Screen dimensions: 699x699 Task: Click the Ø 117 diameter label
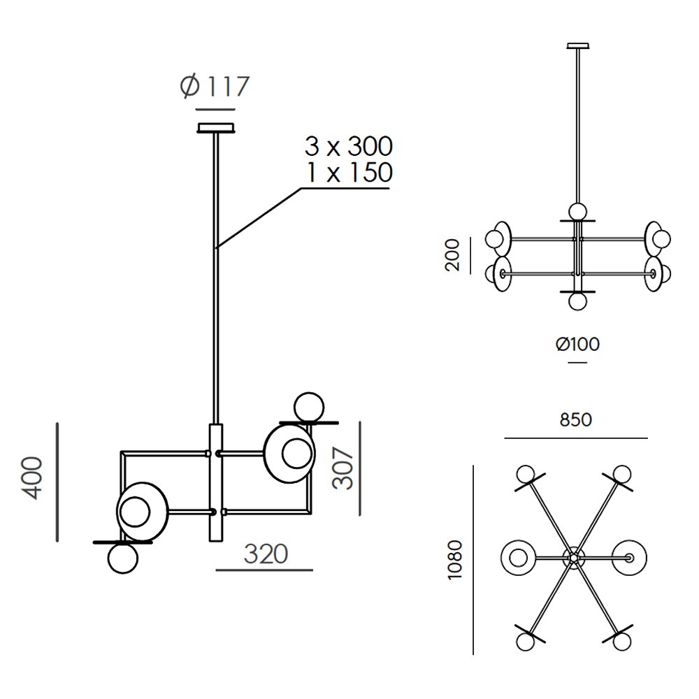pos(214,87)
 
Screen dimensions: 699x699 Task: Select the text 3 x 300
pos(348,147)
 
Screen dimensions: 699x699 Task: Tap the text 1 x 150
pos(348,172)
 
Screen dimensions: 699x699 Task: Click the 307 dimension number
pos(343,468)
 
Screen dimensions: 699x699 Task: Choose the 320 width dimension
pos(266,554)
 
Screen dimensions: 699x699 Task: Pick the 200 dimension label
pos(454,254)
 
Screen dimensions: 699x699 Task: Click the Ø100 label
pos(577,344)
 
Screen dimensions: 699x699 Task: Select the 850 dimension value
pos(575,420)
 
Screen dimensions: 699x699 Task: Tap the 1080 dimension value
pos(456,559)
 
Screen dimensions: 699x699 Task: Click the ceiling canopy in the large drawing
pos(216,129)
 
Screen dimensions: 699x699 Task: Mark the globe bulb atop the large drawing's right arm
pos(308,407)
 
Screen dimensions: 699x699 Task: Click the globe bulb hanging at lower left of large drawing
pos(123,559)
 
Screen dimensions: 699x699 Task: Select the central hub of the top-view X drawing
pos(573,558)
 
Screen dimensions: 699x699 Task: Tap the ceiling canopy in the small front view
pos(577,46)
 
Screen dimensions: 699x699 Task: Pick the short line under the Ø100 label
pos(577,363)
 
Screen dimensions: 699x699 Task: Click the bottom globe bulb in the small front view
pos(577,301)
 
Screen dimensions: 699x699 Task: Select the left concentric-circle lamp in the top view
pos(518,558)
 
